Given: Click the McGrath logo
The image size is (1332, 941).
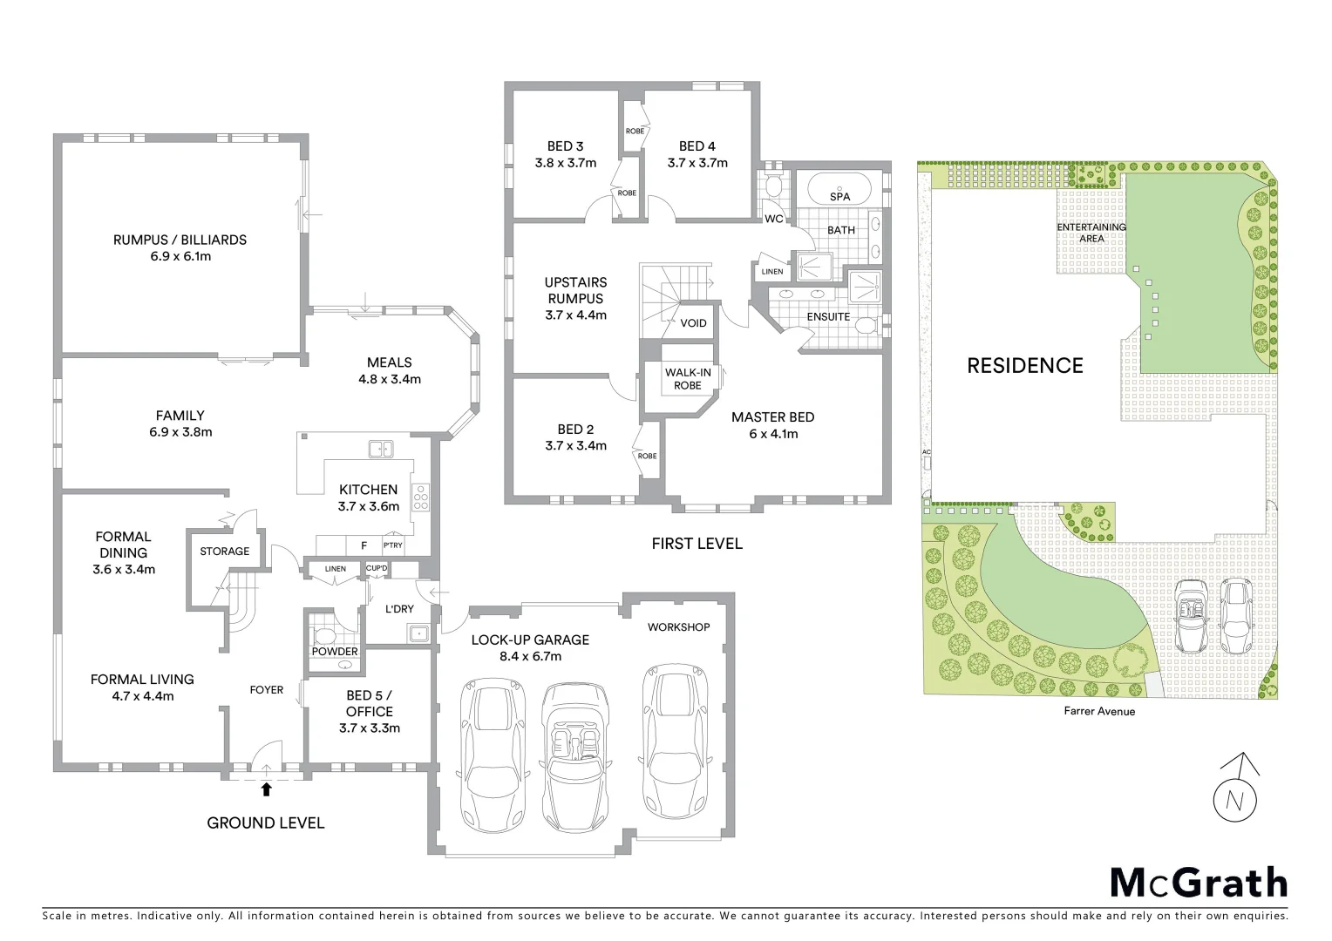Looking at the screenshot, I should tap(1199, 882).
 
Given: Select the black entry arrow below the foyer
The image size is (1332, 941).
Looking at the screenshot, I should tap(267, 789).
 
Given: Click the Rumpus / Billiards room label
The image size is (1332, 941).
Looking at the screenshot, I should tap(180, 240).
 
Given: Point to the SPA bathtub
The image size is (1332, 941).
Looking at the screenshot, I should tap(839, 189).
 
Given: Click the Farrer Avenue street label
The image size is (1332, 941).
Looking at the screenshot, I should tap(1099, 711).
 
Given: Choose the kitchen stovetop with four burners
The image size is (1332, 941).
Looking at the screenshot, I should tap(420, 497).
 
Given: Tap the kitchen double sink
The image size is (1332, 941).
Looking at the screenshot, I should tap(380, 449).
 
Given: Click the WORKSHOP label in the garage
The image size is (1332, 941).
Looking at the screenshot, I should tap(678, 627).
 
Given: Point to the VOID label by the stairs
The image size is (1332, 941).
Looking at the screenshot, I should tap(693, 323).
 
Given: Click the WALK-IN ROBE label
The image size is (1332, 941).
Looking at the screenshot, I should tap(688, 379).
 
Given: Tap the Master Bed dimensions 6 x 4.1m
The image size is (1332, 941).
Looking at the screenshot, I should tap(773, 434).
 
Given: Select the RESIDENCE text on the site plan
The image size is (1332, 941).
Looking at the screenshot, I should tap(1025, 366).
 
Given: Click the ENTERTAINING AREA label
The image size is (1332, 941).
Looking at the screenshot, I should tap(1091, 233).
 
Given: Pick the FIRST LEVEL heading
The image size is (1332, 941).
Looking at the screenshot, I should tap(697, 544).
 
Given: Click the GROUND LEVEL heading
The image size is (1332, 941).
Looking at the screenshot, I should tap(265, 823).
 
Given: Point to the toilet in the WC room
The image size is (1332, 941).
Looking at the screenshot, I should tap(771, 186).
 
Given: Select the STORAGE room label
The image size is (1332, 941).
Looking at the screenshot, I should tap(224, 552).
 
